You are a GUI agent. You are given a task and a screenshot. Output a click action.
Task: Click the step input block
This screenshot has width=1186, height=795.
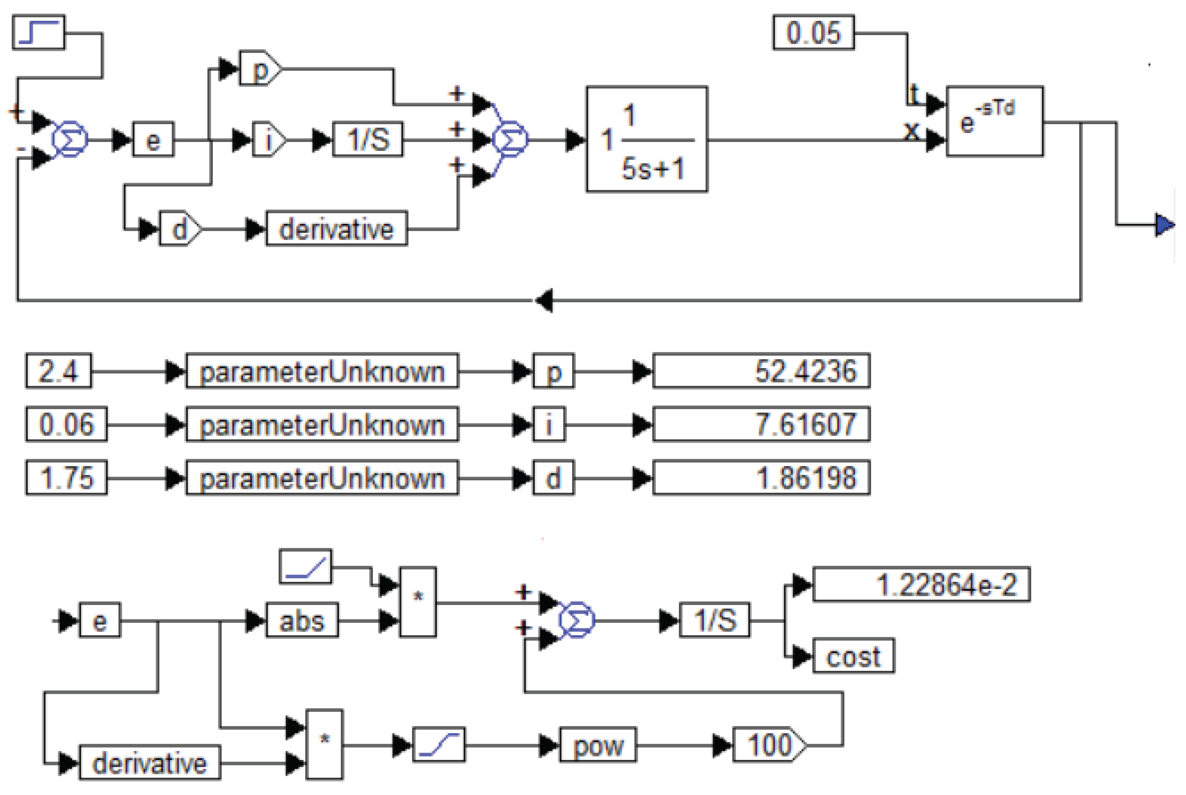coord(39,33)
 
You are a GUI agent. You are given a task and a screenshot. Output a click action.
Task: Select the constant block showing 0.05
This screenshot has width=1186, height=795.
coord(813,33)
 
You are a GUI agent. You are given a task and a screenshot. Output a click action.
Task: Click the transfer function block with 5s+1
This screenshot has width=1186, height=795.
coord(646,139)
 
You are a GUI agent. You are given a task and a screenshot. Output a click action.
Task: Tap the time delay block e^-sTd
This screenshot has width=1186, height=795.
coord(994,121)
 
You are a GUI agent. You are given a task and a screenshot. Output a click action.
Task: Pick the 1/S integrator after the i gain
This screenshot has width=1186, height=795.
coord(368,139)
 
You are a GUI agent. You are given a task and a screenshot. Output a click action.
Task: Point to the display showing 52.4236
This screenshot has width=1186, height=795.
coord(761,371)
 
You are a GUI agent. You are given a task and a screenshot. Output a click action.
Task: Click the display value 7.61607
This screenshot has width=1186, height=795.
coord(761,424)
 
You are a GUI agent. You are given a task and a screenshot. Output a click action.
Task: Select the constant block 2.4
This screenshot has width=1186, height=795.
coord(58,371)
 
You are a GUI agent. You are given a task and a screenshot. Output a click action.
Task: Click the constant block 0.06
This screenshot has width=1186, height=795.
coord(66,424)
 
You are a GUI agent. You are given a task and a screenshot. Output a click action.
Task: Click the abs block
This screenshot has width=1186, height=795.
coord(302,620)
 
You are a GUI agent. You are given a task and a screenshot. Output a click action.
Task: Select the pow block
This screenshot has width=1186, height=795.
coord(597,745)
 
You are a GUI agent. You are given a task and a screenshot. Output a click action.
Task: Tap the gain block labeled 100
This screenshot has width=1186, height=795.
coord(768,745)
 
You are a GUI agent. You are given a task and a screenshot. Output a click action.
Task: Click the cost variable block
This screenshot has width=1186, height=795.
coord(853,656)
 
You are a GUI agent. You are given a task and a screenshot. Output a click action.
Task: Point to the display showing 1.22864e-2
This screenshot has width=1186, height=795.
coord(921,585)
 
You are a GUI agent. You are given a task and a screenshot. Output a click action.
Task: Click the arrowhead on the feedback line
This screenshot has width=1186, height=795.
coord(543,300)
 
